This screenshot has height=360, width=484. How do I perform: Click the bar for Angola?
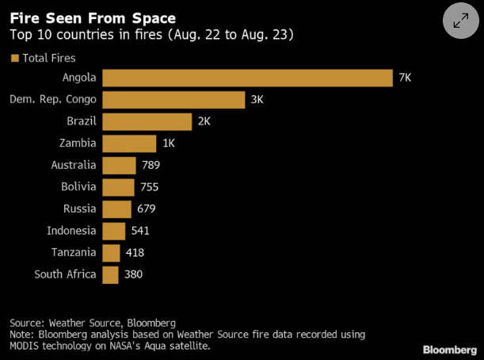point(247,78)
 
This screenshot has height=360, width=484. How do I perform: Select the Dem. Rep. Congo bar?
point(173,100)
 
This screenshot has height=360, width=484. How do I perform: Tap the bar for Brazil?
point(147,121)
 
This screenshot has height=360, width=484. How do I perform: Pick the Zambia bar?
point(130,144)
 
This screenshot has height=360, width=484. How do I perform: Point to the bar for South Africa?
point(111,274)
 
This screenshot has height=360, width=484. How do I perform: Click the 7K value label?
point(406,78)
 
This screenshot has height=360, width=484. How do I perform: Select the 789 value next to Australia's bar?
point(151,165)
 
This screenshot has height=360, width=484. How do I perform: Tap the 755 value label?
point(149,187)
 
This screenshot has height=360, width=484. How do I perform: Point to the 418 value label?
point(135,252)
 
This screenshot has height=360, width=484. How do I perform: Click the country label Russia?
point(80,209)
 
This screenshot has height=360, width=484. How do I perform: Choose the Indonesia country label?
point(71,231)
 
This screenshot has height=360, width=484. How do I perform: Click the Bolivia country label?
point(78,187)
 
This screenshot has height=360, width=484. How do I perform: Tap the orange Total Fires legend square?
point(14,58)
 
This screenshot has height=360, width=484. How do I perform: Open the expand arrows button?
point(460,21)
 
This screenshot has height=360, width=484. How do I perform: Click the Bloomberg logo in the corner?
point(449,350)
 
